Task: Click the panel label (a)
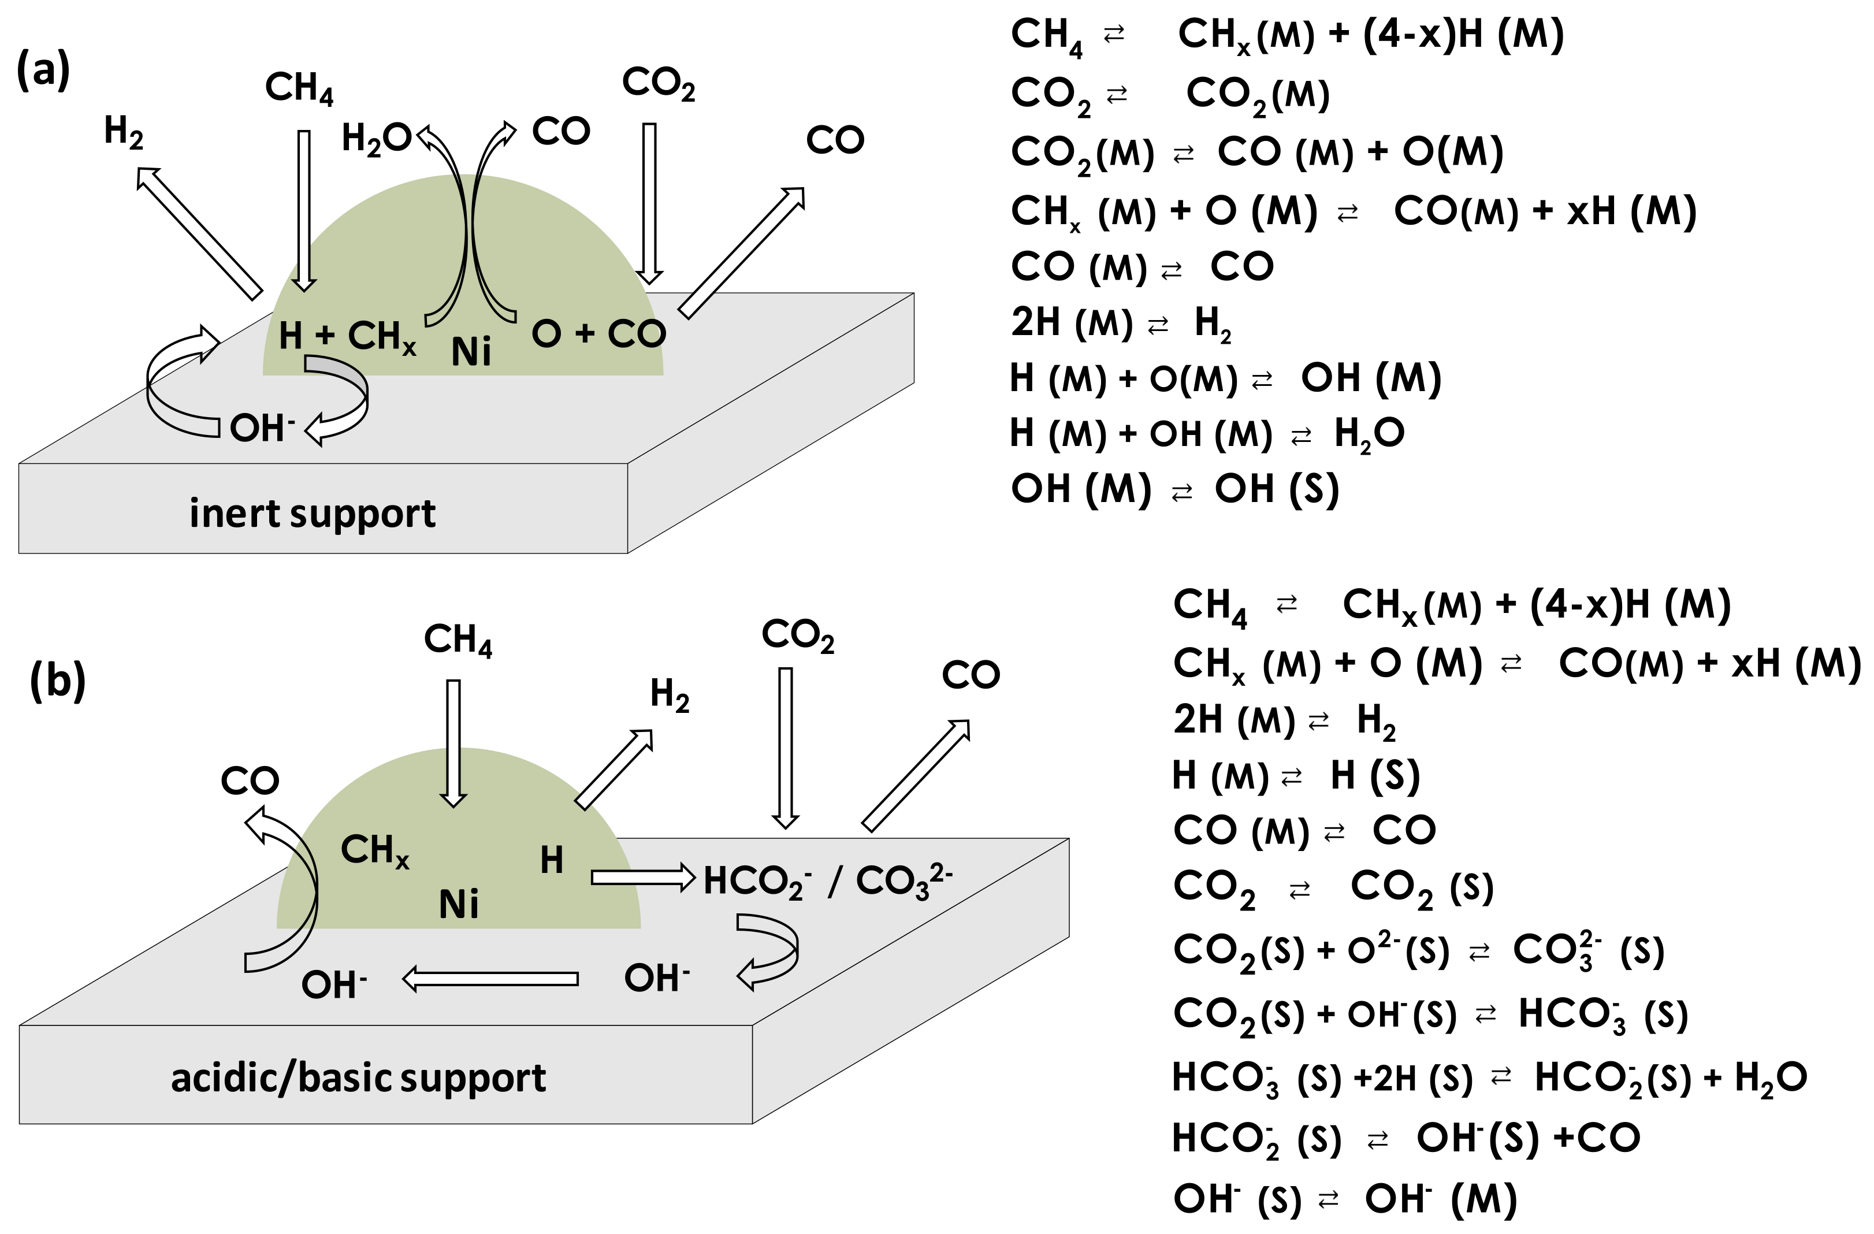(43, 69)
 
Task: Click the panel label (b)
(58, 679)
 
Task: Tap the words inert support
(312, 514)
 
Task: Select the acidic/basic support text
(358, 1078)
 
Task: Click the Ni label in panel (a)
(471, 351)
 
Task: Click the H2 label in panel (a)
(124, 132)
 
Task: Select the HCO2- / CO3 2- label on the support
(827, 880)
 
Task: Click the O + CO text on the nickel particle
(598, 334)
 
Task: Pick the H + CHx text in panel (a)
(347, 336)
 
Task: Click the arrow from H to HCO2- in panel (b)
(642, 876)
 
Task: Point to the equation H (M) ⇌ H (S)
(1295, 776)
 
